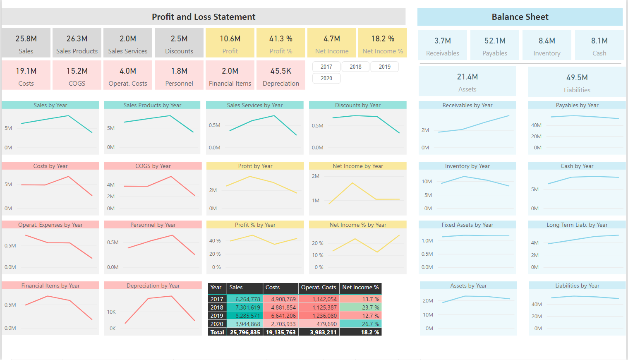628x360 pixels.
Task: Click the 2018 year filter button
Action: point(355,67)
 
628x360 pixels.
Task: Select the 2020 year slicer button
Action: point(326,78)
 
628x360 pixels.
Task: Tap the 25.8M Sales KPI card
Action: point(26,43)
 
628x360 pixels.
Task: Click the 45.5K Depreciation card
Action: point(281,75)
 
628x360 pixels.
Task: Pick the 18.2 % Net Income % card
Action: point(383,43)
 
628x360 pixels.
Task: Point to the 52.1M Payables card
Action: point(495,45)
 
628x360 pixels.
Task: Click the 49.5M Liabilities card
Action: point(577,82)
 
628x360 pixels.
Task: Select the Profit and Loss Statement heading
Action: point(204,17)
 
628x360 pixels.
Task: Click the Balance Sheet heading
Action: point(520,17)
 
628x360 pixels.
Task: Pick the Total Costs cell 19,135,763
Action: point(280,332)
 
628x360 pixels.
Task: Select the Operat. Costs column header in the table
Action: point(319,288)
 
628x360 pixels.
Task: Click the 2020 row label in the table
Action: point(217,324)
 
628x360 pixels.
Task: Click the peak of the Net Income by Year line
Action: point(352,183)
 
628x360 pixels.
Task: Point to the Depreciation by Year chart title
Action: point(153,286)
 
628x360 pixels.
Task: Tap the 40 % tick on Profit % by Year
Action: point(215,241)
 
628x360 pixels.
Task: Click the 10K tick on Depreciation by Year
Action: point(112,312)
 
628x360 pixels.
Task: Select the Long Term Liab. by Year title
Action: point(577,225)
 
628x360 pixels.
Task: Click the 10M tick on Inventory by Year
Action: point(427,182)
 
